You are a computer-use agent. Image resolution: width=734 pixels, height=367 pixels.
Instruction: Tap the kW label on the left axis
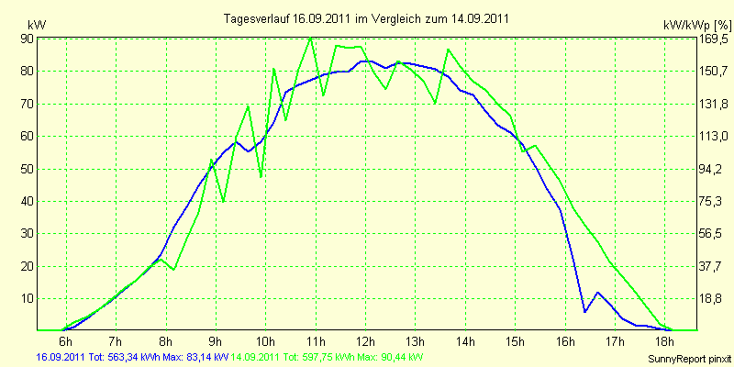pyautogui.click(x=37, y=25)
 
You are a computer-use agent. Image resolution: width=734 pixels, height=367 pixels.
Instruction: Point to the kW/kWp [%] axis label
pyautogui.click(x=697, y=25)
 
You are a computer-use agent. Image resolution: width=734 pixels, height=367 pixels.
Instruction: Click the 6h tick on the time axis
pyautogui.click(x=66, y=339)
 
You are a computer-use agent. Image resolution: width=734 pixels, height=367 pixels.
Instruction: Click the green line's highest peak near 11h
pyautogui.click(x=310, y=38)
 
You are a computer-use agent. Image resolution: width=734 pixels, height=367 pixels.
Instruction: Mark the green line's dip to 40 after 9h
pyautogui.click(x=224, y=201)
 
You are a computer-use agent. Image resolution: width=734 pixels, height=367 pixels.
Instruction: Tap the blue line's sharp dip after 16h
pyautogui.click(x=585, y=311)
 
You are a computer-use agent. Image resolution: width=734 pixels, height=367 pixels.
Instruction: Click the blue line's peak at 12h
pyautogui.click(x=366, y=61)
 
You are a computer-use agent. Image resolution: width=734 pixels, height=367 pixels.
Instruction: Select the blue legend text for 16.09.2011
pyautogui.click(x=132, y=357)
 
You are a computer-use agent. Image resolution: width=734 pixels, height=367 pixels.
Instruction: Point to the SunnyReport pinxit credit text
pyautogui.click(x=690, y=359)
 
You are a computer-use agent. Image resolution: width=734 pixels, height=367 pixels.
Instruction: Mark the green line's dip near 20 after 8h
pyautogui.click(x=173, y=270)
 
